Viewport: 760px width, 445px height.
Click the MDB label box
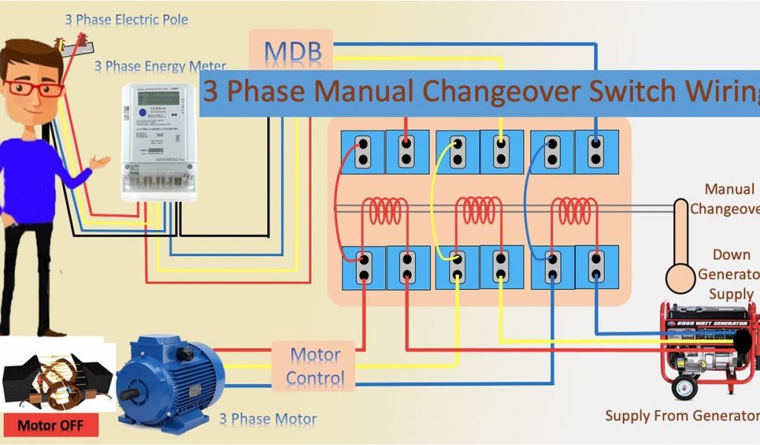tap(292, 50)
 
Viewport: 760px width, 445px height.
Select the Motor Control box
tap(315, 366)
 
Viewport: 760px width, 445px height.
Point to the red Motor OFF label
tap(51, 426)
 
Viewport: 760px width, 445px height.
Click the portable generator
tap(709, 349)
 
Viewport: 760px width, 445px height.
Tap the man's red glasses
tap(34, 88)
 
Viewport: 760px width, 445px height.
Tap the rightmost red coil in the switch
tap(575, 211)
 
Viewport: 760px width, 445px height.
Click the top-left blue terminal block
tap(363, 151)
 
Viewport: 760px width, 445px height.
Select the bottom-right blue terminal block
tap(597, 268)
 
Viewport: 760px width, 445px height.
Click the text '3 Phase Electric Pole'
tap(127, 20)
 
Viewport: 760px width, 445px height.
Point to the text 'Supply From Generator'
tap(681, 415)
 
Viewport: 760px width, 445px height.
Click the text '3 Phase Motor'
tap(267, 420)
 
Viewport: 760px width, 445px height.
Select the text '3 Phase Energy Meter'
tap(160, 67)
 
